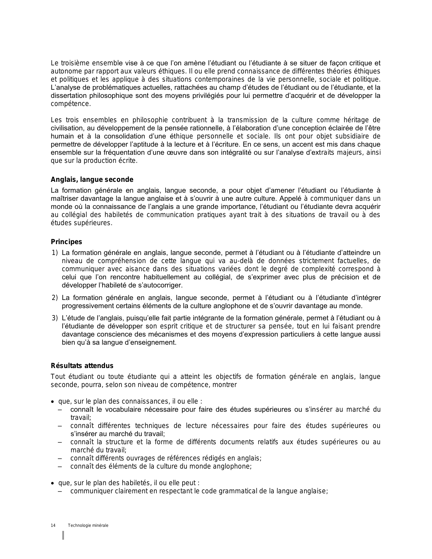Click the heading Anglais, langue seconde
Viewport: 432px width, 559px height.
coord(92,180)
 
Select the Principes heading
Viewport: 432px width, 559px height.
coord(66,242)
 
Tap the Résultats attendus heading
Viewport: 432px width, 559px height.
coord(82,366)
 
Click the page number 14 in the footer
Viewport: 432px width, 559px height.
coord(53,525)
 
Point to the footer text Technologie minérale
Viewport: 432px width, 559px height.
coord(88,525)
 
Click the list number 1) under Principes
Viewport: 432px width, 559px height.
coord(55,253)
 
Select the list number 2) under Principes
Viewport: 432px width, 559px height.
coord(55,298)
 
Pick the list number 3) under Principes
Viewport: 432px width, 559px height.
coord(55,318)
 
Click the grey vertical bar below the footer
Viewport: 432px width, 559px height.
coord(63,535)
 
